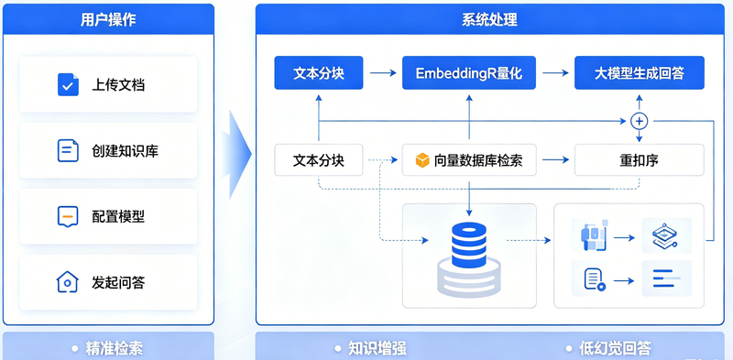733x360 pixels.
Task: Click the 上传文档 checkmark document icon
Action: click(68, 84)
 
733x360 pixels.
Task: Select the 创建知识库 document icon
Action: click(68, 150)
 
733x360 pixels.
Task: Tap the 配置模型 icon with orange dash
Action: click(68, 216)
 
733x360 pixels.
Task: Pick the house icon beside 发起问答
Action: click(67, 282)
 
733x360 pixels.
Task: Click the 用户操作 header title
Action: click(108, 19)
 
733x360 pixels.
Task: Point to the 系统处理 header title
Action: click(489, 19)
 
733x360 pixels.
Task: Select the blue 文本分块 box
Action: click(319, 72)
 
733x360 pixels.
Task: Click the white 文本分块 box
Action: click(319, 160)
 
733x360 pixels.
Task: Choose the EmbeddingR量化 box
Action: click(469, 72)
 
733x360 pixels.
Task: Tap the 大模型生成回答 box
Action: click(639, 72)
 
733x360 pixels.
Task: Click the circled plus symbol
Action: click(639, 122)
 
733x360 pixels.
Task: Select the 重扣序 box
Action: click(639, 160)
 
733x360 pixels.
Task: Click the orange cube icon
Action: click(422, 160)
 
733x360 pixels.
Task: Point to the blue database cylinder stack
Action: click(469, 245)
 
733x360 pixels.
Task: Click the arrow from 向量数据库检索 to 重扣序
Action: click(556, 160)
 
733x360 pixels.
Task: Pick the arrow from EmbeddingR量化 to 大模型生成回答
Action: click(556, 73)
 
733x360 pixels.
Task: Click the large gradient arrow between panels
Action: click(236, 154)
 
